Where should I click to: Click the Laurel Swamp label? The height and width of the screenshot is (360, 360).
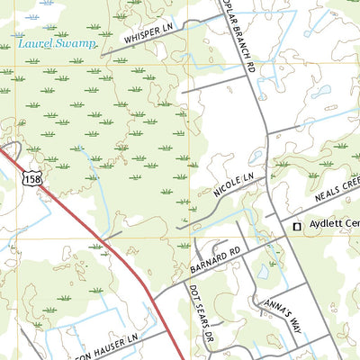click(55, 43)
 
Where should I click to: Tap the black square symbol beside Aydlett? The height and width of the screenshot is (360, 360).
click(295, 228)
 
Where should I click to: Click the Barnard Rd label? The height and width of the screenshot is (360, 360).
click(217, 259)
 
